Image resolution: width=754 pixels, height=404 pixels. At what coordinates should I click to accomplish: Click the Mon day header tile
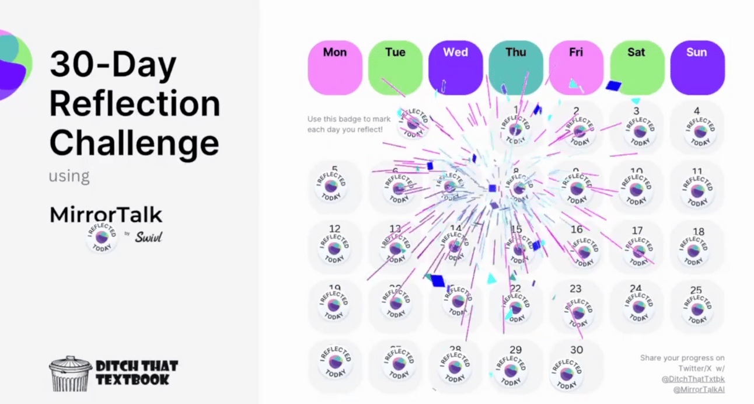pyautogui.click(x=335, y=67)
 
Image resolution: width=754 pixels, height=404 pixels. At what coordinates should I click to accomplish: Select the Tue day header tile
pyautogui.click(x=395, y=67)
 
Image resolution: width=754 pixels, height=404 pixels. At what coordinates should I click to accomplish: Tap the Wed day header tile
pyautogui.click(x=455, y=67)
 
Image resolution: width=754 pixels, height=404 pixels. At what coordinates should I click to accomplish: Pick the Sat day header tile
pyautogui.click(x=637, y=67)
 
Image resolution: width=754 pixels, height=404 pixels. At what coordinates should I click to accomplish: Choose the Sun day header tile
pyautogui.click(x=697, y=67)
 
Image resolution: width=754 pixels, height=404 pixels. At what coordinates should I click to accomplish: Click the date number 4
pyautogui.click(x=697, y=111)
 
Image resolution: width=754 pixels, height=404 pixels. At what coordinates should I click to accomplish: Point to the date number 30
pyautogui.click(x=577, y=350)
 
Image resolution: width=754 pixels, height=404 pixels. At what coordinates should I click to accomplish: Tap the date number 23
pyautogui.click(x=576, y=289)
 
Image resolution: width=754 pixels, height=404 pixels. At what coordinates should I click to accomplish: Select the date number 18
pyautogui.click(x=699, y=231)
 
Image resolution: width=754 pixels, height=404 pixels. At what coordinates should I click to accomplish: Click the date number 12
pyautogui.click(x=335, y=229)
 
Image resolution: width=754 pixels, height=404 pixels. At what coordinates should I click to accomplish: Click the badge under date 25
pyautogui.click(x=697, y=307)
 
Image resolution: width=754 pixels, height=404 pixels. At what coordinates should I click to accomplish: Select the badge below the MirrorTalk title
pyautogui.click(x=102, y=238)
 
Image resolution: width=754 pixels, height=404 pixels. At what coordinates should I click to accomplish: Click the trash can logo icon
pyautogui.click(x=70, y=374)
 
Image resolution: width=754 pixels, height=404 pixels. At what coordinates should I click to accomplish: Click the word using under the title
pyautogui.click(x=69, y=176)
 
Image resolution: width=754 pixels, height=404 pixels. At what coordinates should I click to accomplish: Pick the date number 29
pyautogui.click(x=515, y=350)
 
